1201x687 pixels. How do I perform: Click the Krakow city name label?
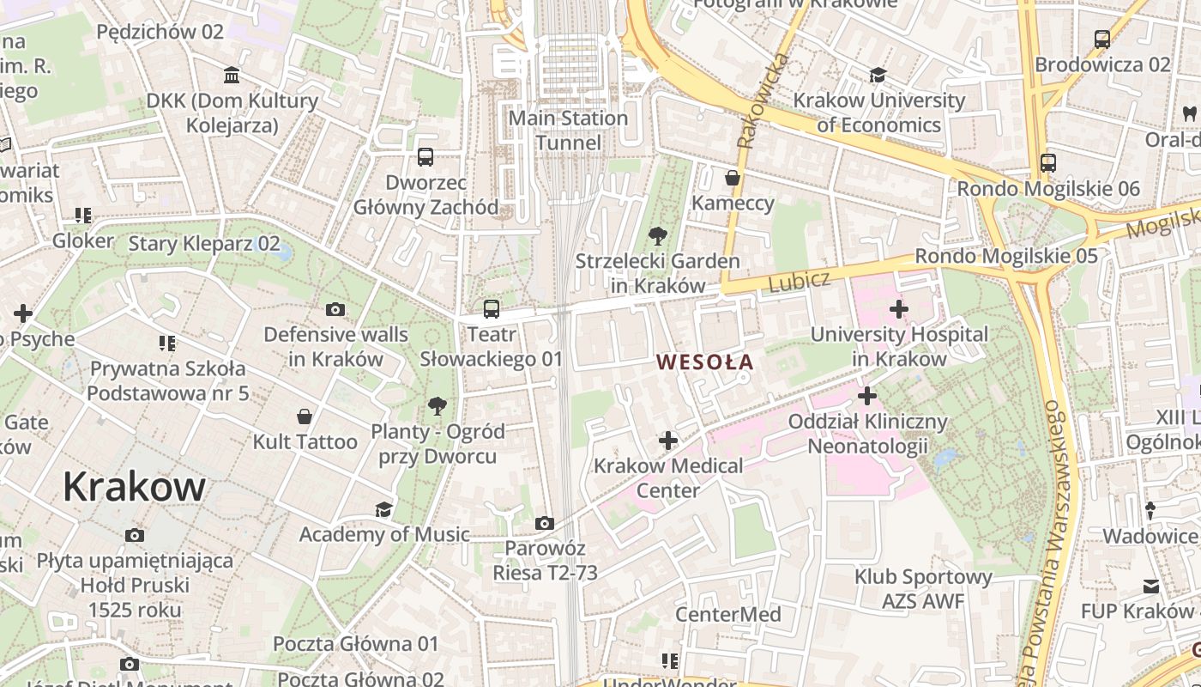click(x=134, y=487)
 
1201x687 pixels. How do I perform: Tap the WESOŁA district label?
click(x=705, y=362)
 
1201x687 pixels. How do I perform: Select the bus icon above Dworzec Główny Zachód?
click(x=425, y=157)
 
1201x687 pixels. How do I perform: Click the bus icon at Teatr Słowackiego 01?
click(x=491, y=309)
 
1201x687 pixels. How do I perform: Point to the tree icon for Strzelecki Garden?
click(x=658, y=234)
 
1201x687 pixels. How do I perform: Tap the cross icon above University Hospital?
click(x=899, y=309)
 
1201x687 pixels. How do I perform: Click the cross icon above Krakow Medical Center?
click(x=668, y=441)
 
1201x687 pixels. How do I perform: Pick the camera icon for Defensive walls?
click(x=335, y=309)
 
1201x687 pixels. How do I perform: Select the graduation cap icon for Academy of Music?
click(x=383, y=509)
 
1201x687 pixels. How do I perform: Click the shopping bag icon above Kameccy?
click(x=733, y=178)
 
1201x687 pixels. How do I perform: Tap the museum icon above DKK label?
click(x=232, y=76)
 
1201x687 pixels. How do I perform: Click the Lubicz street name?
click(x=800, y=281)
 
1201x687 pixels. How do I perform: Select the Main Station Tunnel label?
click(x=569, y=130)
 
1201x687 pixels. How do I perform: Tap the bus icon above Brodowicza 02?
click(x=1102, y=39)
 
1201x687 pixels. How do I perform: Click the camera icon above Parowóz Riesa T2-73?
click(x=544, y=523)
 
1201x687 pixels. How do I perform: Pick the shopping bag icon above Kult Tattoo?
click(x=305, y=416)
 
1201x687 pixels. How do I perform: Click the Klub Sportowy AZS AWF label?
click(x=923, y=589)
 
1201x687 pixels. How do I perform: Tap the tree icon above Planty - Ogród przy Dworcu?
click(x=438, y=405)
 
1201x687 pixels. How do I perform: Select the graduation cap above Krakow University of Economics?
click(x=878, y=76)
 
